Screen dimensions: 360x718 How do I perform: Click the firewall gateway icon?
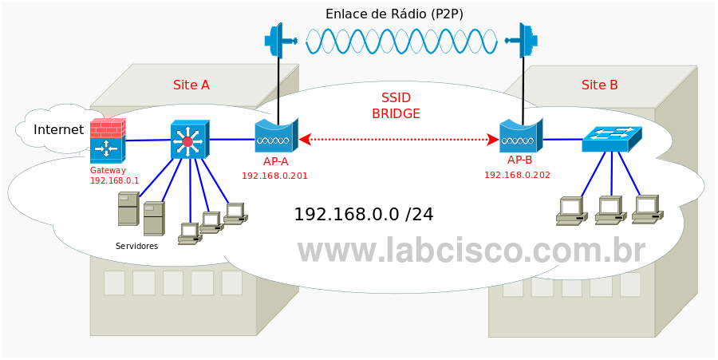(x=107, y=140)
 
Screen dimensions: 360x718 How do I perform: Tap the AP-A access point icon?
(x=275, y=136)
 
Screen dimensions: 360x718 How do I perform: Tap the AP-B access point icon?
(x=520, y=136)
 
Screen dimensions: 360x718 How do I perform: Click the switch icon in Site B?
(x=611, y=139)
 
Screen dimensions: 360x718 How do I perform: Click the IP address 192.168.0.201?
(x=274, y=175)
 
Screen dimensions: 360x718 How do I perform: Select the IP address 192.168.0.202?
(x=517, y=174)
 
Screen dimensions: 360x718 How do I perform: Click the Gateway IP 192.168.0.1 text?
(x=114, y=180)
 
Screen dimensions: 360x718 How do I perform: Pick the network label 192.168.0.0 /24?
(x=364, y=214)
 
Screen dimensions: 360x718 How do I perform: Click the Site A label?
(x=191, y=85)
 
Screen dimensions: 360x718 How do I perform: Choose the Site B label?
(x=599, y=85)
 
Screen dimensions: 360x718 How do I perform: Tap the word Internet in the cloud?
(x=58, y=129)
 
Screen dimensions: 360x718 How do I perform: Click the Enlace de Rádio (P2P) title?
(x=394, y=14)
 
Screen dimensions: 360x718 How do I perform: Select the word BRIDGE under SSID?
(x=396, y=113)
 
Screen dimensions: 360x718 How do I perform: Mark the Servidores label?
(x=136, y=246)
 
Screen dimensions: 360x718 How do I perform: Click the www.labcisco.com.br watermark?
(x=471, y=250)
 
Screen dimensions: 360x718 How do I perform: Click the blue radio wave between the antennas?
(x=401, y=41)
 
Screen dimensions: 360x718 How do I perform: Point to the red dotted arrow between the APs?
(x=399, y=140)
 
